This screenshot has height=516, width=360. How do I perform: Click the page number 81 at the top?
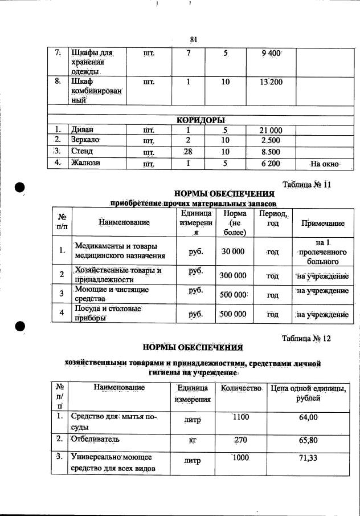pos(193,39)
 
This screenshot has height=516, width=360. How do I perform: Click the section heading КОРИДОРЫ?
pos(200,120)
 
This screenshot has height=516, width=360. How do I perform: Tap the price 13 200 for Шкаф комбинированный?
pos(271,82)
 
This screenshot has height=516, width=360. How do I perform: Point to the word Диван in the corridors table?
pos(80,130)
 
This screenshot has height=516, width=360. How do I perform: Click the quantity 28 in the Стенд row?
pos(188,152)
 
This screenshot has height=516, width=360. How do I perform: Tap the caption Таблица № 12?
pos(306,338)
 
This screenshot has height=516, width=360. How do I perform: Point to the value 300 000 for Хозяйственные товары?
pos(234,275)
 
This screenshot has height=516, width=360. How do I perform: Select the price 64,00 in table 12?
pos(308,418)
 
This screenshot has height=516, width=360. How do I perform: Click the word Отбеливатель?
pos(93,440)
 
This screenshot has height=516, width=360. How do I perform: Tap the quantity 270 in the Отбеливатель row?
pos(242,440)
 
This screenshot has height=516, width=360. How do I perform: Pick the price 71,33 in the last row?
pos(308,458)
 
